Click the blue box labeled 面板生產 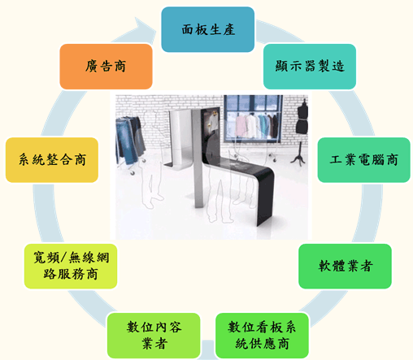click(x=207, y=29)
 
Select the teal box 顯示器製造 click(x=310, y=67)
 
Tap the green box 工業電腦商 click(x=363, y=160)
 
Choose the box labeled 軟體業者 click(x=345, y=266)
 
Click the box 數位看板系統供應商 click(x=262, y=336)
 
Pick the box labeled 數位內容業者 click(x=154, y=336)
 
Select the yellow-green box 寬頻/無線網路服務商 click(x=71, y=266)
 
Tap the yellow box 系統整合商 click(x=52, y=160)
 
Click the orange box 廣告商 click(x=106, y=67)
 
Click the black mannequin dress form click(x=302, y=117)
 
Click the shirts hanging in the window click(x=257, y=126)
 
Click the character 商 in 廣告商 click(x=120, y=67)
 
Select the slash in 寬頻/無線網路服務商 click(x=63, y=258)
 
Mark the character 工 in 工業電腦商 click(x=336, y=159)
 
